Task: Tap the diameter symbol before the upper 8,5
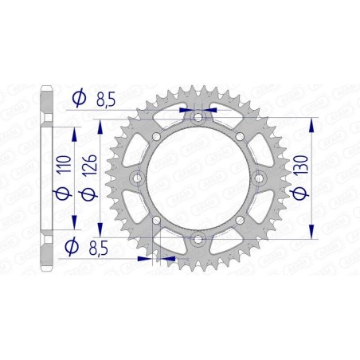tap(78, 98)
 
